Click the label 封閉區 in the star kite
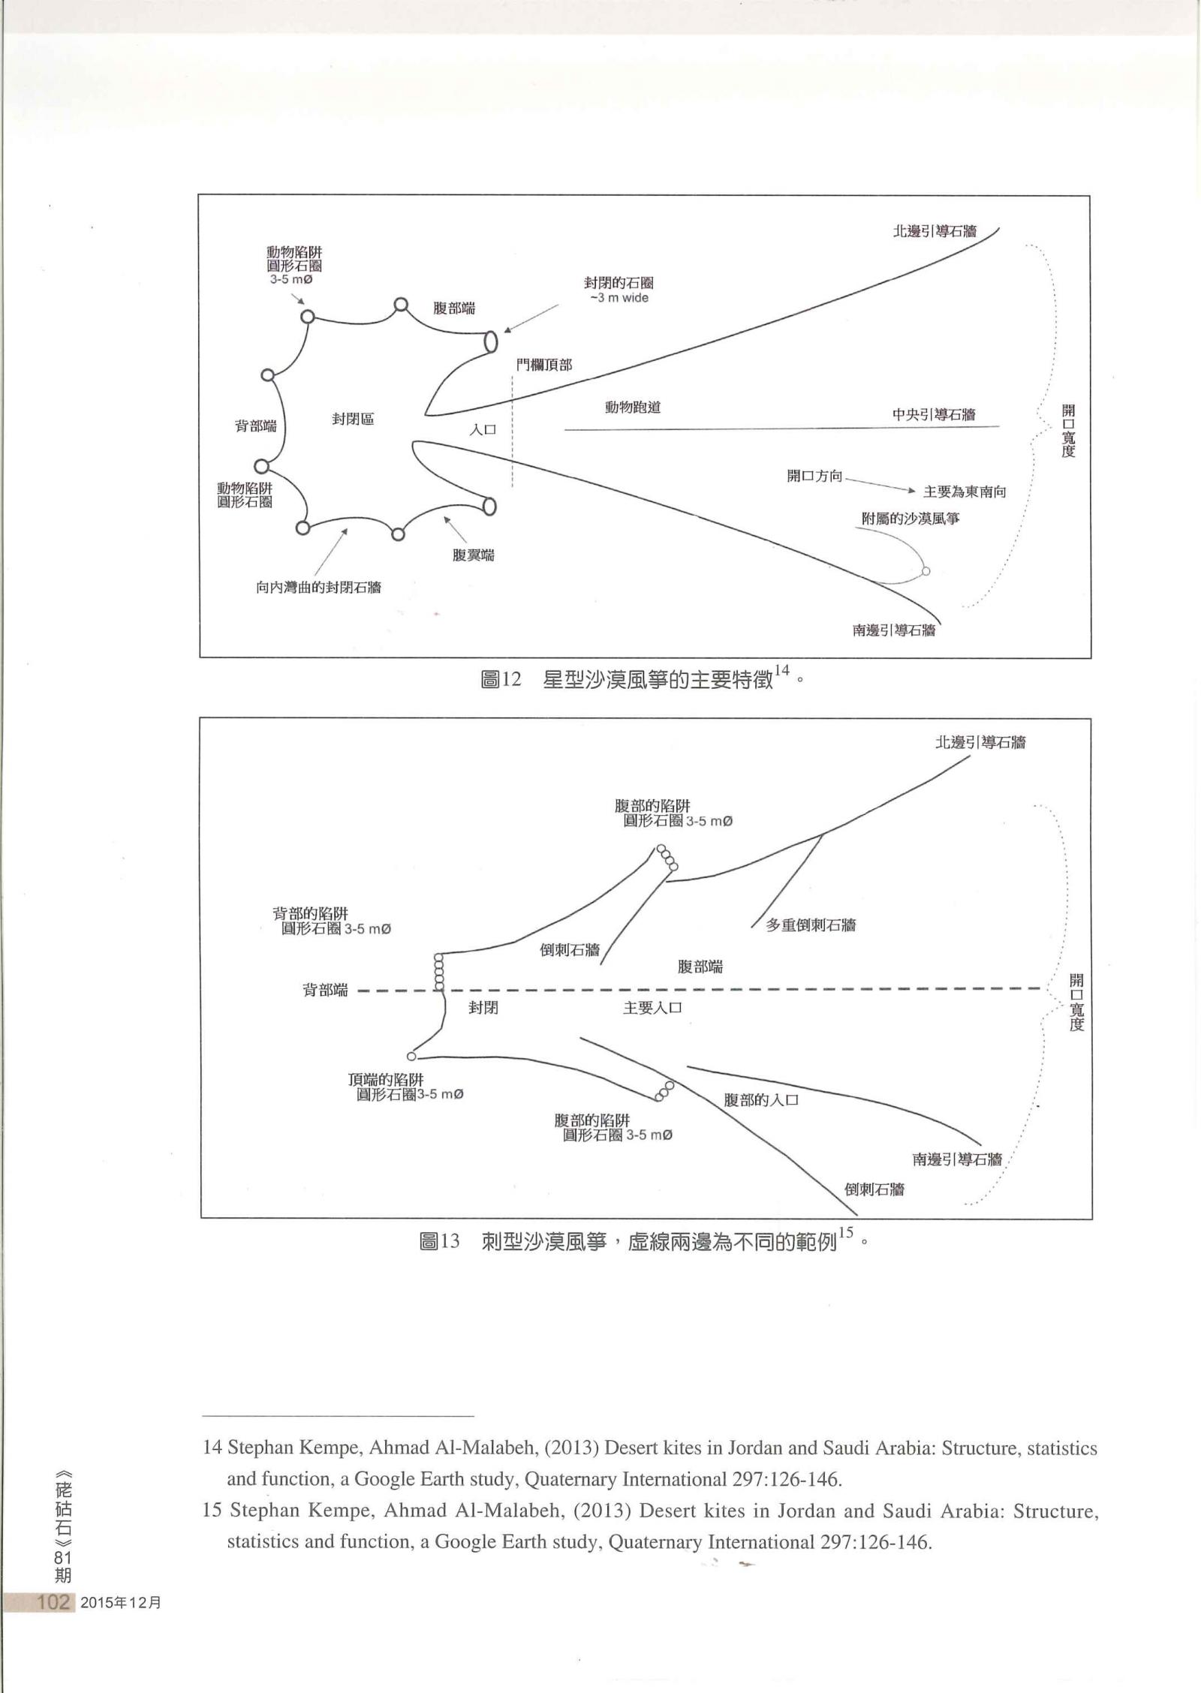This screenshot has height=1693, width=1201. click(353, 419)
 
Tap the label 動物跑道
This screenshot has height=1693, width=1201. click(633, 407)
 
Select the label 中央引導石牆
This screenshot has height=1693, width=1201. click(934, 414)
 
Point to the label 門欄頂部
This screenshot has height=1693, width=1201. click(543, 365)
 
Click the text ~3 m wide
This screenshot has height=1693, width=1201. click(619, 298)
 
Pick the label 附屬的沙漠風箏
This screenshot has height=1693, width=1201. click(910, 519)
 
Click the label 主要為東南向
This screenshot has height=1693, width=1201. click(964, 492)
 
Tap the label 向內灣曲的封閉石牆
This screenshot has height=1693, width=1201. click(318, 587)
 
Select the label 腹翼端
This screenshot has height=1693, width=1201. click(474, 555)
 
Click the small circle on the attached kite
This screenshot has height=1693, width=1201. click(926, 571)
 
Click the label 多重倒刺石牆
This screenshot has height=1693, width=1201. click(811, 925)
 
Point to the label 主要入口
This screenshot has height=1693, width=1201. click(652, 1008)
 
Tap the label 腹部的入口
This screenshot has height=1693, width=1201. click(760, 1101)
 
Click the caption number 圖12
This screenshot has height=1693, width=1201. click(500, 681)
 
